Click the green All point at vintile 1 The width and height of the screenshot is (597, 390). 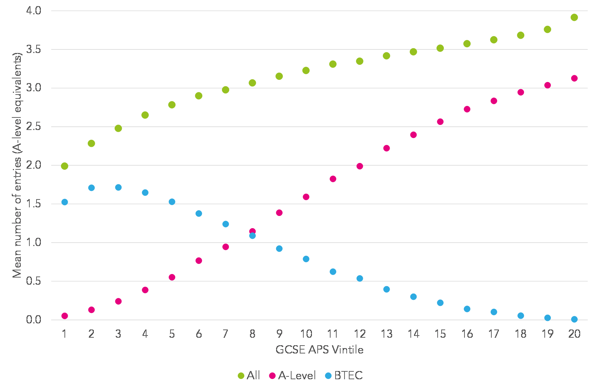[64, 166]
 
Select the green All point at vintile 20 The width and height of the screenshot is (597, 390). [574, 18]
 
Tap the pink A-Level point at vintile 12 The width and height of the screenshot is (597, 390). [360, 166]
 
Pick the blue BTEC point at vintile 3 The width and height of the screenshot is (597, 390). [118, 187]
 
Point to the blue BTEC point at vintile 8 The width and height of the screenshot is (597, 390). [252, 236]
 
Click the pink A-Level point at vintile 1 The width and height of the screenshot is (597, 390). [64, 316]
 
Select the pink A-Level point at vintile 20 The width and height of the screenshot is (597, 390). [574, 78]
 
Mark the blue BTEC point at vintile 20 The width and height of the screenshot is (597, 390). [574, 319]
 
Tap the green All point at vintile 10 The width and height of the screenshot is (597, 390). [306, 71]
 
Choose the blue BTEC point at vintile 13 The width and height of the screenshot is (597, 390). [386, 289]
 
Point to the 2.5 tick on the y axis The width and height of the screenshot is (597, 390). [34, 127]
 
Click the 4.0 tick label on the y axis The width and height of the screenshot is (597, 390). [34, 11]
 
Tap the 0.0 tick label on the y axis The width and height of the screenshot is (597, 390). [34, 319]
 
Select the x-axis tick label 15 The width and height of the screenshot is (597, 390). [440, 334]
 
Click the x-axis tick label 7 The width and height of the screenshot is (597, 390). [226, 334]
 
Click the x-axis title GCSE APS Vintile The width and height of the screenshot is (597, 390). [319, 350]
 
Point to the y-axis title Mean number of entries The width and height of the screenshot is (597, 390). [17, 165]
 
